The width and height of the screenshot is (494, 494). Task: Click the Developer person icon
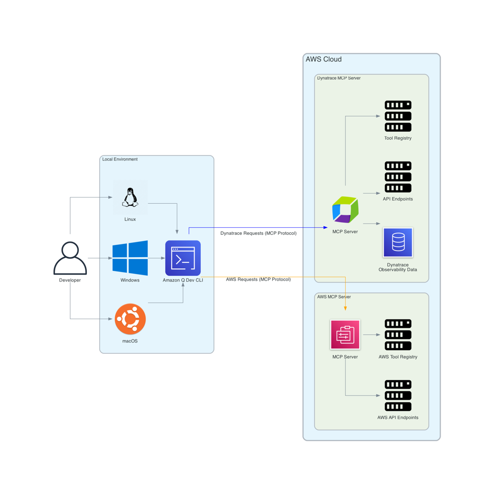pyautogui.click(x=70, y=258)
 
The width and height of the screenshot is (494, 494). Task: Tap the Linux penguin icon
pyautogui.click(x=130, y=197)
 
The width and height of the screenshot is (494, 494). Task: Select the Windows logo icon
pyautogui.click(x=130, y=258)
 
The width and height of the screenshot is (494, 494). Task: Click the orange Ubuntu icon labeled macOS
pyautogui.click(x=130, y=319)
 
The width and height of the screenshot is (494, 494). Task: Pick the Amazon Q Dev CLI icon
pyautogui.click(x=183, y=258)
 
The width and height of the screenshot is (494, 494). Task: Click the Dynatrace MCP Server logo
pyautogui.click(x=345, y=209)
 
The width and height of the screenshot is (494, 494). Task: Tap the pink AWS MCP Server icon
pyautogui.click(x=345, y=334)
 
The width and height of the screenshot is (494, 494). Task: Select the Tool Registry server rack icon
pyautogui.click(x=398, y=116)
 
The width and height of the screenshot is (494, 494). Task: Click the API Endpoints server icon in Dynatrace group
pyautogui.click(x=398, y=177)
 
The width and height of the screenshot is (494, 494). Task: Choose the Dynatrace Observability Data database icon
pyautogui.click(x=398, y=242)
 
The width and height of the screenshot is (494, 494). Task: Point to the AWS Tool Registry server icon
pyautogui.click(x=398, y=334)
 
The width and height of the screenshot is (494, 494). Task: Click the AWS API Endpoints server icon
pyautogui.click(x=398, y=395)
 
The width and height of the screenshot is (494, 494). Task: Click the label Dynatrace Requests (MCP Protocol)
pyautogui.click(x=258, y=233)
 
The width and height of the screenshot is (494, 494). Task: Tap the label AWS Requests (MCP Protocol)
pyautogui.click(x=258, y=279)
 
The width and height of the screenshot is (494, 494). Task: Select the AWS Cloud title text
pyautogui.click(x=323, y=59)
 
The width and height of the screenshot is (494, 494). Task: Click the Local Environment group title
pyautogui.click(x=120, y=159)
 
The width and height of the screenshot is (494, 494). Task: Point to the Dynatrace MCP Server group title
pyautogui.click(x=338, y=78)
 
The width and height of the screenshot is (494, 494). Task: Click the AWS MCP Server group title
pyautogui.click(x=334, y=297)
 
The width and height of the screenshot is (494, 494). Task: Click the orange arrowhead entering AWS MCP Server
pyautogui.click(x=346, y=308)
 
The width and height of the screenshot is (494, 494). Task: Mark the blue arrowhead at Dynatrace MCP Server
pyautogui.click(x=326, y=228)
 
